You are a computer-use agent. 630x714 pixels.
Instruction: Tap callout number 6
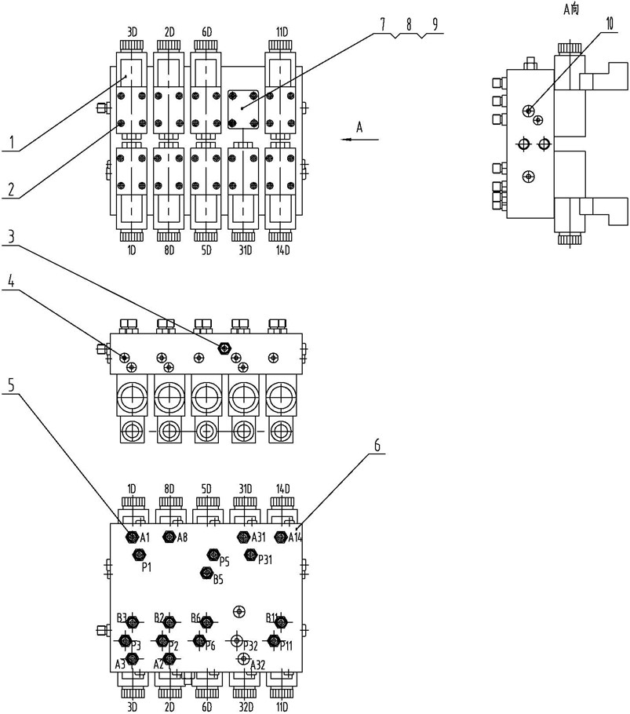(377, 444)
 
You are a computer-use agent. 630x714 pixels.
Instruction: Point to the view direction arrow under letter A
(360, 140)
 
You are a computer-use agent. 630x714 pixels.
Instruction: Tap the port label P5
(224, 562)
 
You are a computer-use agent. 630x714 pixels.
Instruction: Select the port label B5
(218, 581)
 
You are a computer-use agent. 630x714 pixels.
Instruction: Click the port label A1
(144, 537)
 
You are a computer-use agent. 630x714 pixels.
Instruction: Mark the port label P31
(265, 559)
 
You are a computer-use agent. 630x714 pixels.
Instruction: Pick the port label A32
(257, 665)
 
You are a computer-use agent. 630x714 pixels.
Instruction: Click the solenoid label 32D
(245, 694)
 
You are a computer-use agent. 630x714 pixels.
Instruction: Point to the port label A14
(295, 537)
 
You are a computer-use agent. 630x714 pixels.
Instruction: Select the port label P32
(250, 646)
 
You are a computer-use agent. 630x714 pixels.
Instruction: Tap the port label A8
(181, 537)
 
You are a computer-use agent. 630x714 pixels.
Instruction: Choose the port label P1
(146, 567)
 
